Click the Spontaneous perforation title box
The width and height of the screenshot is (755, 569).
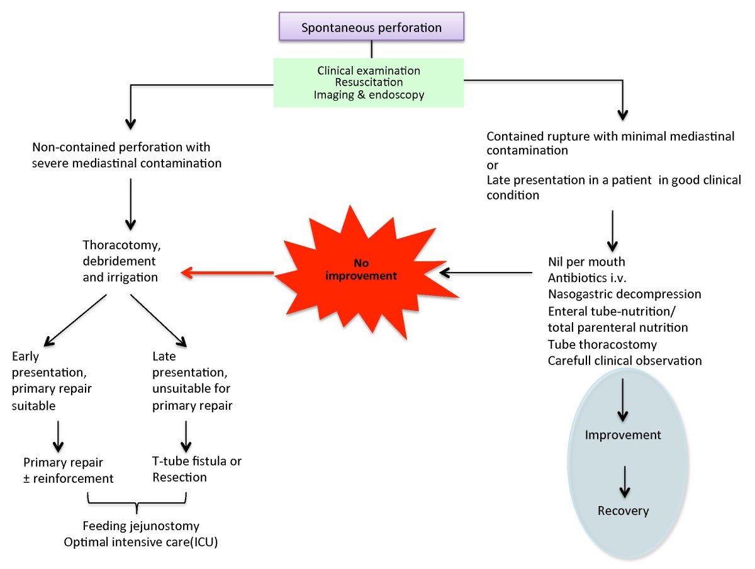tap(371, 28)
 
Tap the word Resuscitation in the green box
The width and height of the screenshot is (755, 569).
tap(369, 82)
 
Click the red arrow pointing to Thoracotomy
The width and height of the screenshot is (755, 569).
tap(226, 273)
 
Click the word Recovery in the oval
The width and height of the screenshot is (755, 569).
tap(623, 510)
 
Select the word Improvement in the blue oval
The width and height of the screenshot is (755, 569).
tap(623, 435)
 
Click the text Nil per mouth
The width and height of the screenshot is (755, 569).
tap(585, 261)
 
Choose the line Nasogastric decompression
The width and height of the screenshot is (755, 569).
tap(624, 294)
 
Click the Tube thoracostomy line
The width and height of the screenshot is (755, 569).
tap(602, 344)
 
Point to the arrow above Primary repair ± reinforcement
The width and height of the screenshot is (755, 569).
tap(57, 435)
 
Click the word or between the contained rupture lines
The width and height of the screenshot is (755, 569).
tap(493, 166)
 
